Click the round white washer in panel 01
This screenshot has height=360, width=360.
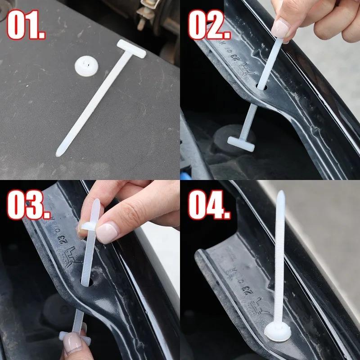(87, 67)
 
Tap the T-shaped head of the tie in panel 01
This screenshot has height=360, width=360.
(131, 49)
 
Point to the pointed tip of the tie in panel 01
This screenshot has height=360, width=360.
(58, 153)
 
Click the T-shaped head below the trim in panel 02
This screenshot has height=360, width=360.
(241, 142)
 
